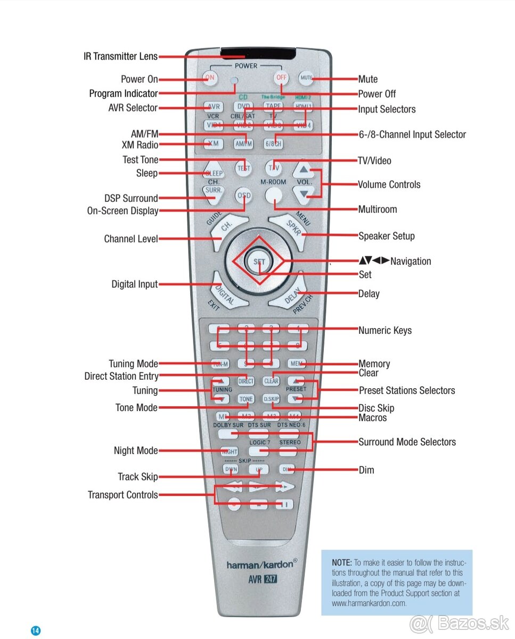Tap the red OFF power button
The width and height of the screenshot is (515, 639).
click(x=281, y=78)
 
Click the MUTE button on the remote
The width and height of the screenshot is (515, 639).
click(x=306, y=78)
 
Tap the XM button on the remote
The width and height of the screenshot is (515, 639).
click(x=214, y=144)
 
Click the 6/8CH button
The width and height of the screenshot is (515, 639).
click(x=274, y=144)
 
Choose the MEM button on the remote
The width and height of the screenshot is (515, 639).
click(x=297, y=364)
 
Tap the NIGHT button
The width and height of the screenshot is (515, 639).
click(x=229, y=452)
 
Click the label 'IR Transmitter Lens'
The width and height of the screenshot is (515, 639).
click(x=120, y=56)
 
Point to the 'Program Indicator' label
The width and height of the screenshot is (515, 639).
click(x=123, y=94)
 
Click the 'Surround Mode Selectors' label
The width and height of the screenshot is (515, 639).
click(x=407, y=442)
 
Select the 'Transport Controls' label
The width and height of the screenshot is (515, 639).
click(x=122, y=495)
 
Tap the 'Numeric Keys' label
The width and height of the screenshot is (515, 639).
click(x=385, y=331)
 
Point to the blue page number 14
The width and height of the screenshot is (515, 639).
click(x=35, y=630)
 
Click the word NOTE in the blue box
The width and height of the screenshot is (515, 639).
click(x=341, y=562)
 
